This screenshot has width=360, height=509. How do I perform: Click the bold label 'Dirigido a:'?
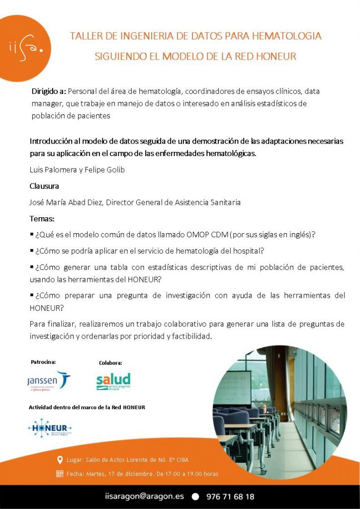(48, 91)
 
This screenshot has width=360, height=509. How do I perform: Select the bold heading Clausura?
(44, 186)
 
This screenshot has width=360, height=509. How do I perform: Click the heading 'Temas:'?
(42, 218)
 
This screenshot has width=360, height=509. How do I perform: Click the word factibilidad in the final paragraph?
(191, 336)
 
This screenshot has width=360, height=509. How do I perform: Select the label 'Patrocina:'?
(43, 362)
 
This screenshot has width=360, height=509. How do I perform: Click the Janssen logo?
(48, 381)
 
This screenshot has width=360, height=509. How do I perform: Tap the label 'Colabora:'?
(110, 363)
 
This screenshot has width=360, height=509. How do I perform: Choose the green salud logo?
(113, 381)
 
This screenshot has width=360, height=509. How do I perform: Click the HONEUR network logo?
(50, 427)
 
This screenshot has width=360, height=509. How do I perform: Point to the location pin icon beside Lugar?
(60, 459)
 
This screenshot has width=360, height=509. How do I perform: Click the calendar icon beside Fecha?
(60, 474)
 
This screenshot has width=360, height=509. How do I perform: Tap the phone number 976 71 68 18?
(229, 496)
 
